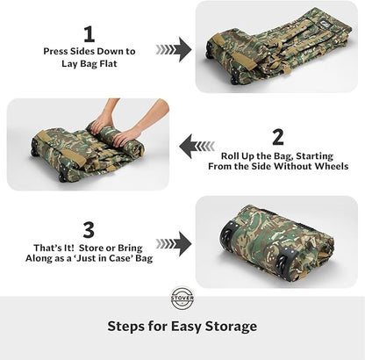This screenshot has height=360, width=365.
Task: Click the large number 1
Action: coord(89,34)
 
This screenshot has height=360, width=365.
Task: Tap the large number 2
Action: coord(277,136)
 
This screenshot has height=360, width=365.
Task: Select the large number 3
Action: coord(89,230)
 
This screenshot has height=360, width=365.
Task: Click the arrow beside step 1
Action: coord(174,50)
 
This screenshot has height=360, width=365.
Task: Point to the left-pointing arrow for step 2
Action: coord(197,145)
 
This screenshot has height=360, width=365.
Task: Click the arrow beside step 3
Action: coord(174,243)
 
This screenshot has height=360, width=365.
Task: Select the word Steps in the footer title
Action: coord(130,326)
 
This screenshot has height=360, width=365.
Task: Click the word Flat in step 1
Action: coord(112,63)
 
